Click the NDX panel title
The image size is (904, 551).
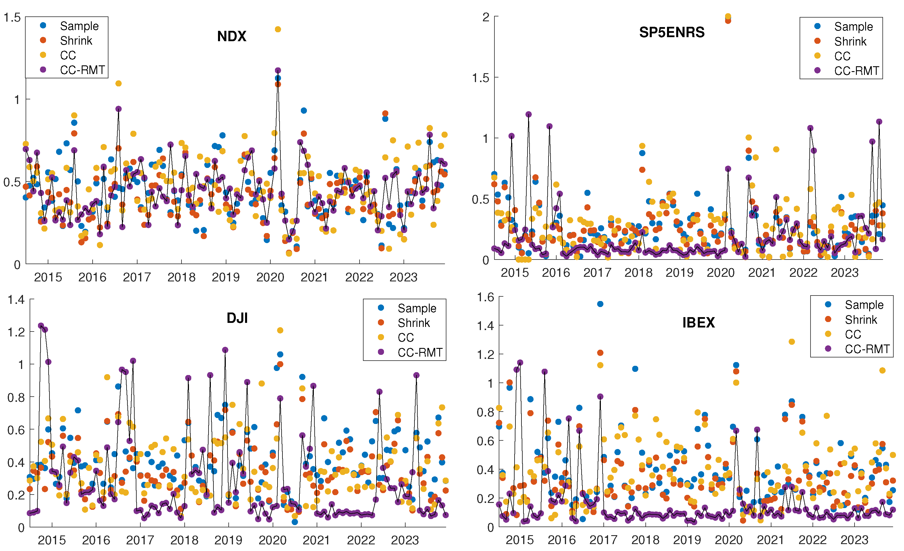(x=232, y=36)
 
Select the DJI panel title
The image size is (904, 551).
(x=237, y=318)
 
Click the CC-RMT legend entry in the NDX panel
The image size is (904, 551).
(x=82, y=70)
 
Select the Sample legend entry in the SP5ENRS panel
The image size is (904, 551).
(x=853, y=26)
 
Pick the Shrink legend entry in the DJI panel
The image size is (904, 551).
(x=414, y=323)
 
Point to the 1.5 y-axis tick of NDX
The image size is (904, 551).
(x=12, y=17)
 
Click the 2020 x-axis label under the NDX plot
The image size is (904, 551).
(x=270, y=277)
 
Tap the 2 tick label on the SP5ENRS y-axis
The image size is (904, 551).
(x=486, y=17)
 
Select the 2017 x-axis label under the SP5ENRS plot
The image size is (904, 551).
(x=597, y=272)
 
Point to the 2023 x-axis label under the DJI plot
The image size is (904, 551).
(x=405, y=540)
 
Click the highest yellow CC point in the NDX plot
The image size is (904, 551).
(x=278, y=29)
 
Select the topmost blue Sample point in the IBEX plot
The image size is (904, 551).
(x=600, y=304)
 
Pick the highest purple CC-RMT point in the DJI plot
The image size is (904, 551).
(x=41, y=326)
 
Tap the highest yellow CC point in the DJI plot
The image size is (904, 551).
(x=280, y=331)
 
